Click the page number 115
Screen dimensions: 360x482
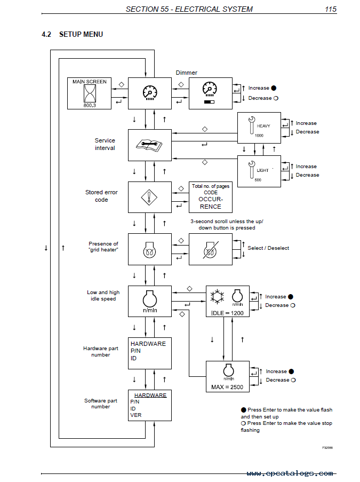(x=331, y=9)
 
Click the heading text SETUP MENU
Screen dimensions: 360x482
(x=81, y=34)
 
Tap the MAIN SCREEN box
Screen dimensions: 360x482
(x=90, y=93)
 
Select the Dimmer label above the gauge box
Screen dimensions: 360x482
(x=187, y=73)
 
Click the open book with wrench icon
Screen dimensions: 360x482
(x=149, y=145)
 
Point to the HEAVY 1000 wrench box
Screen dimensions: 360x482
(x=259, y=128)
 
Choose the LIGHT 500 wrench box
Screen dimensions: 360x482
(x=259, y=171)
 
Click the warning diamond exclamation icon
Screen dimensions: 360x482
(x=149, y=197)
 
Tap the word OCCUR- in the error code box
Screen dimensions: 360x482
(x=211, y=199)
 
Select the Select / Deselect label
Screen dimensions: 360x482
(x=268, y=248)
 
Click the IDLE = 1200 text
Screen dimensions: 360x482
(x=227, y=313)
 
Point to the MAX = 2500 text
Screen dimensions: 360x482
(x=227, y=387)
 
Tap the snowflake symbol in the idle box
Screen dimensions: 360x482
(x=217, y=297)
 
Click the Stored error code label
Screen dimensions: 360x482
(x=101, y=196)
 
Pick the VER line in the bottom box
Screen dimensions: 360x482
(x=136, y=415)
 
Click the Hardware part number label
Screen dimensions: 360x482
(x=101, y=351)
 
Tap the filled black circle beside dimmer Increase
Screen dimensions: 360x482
(x=274, y=88)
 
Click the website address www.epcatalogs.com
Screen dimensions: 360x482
(x=290, y=473)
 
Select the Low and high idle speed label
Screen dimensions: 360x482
(x=103, y=295)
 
